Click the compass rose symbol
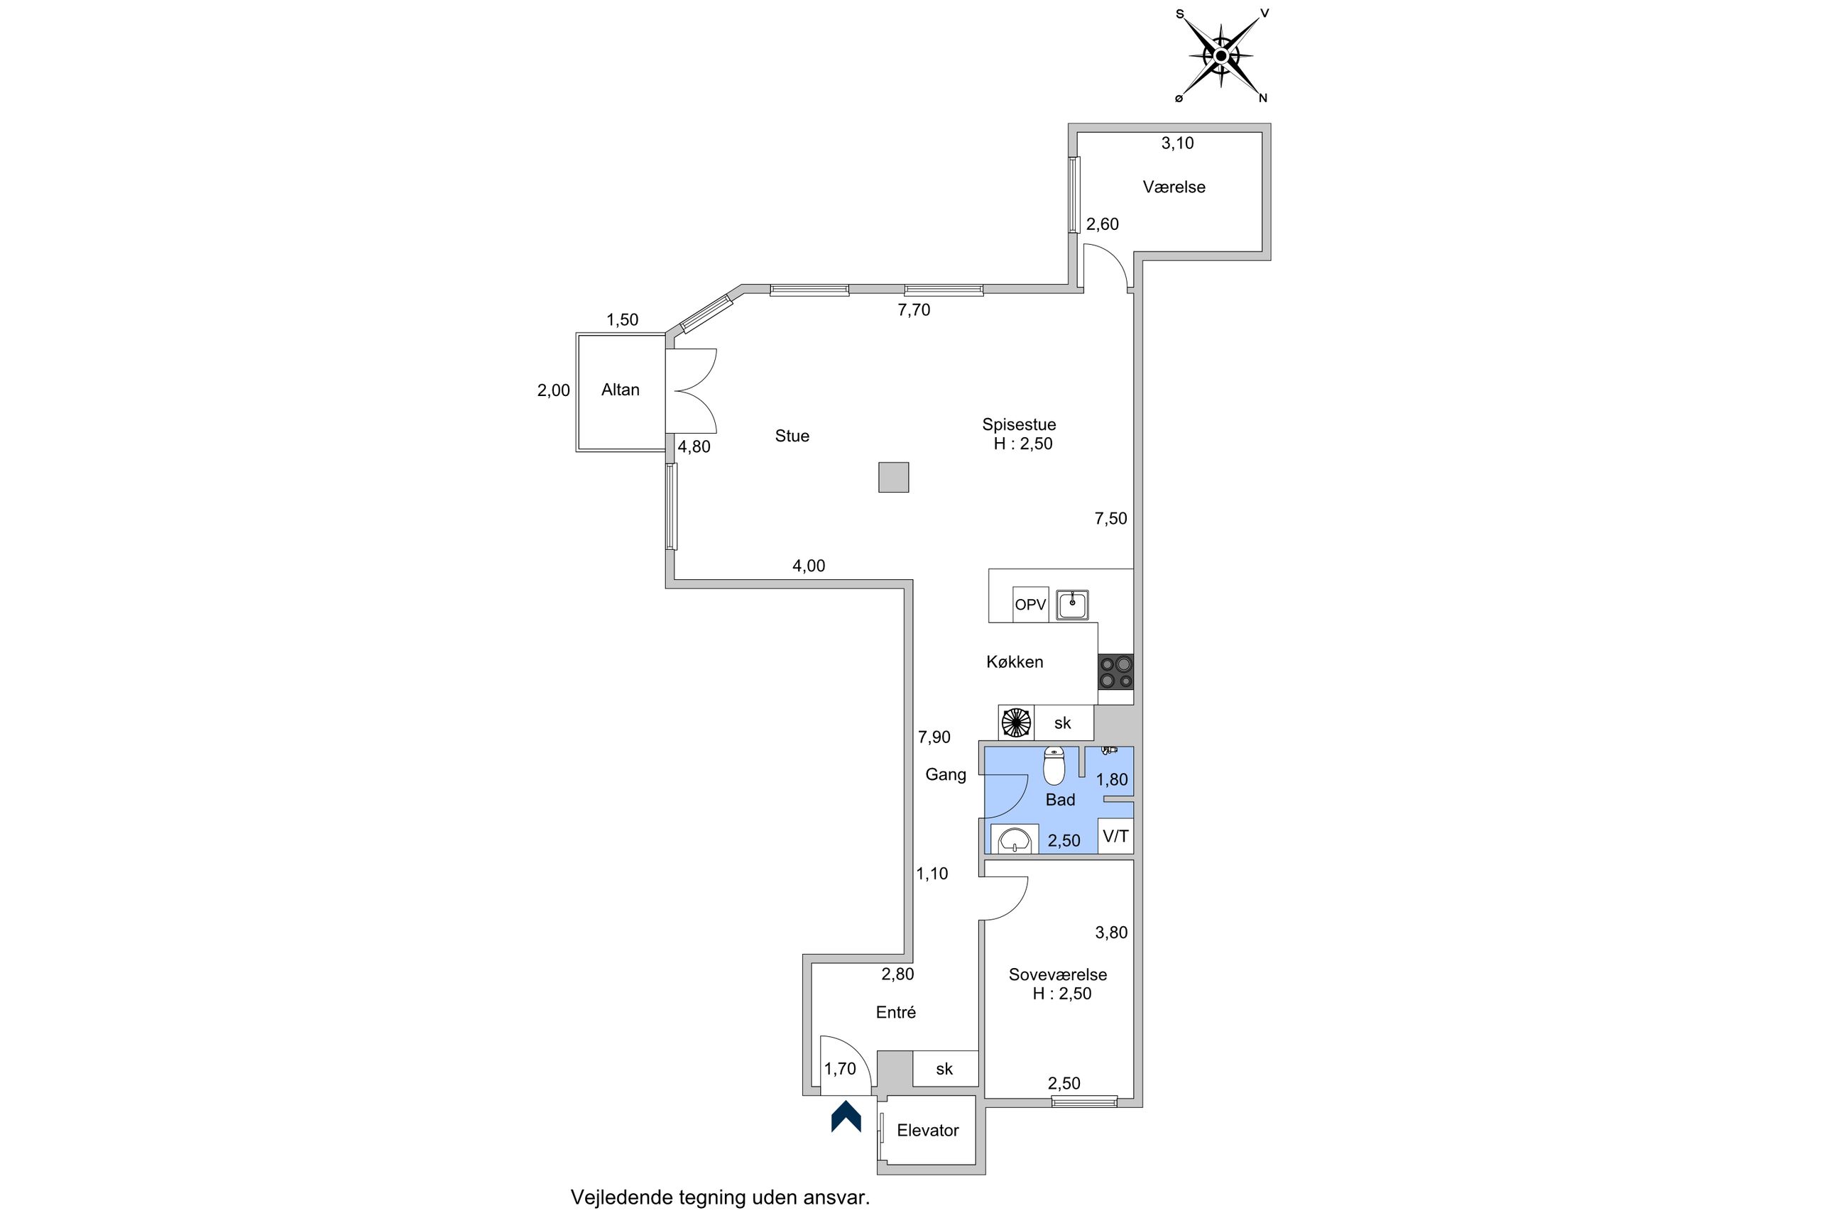coord(1220,55)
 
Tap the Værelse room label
coord(1174,187)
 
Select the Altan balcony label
coord(620,390)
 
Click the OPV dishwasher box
coord(1030,605)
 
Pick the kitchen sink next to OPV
coord(1071,605)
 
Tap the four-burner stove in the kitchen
coord(1115,672)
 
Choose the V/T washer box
coord(1115,836)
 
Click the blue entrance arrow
coord(846,1116)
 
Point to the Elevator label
coord(927,1131)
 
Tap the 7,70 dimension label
coord(914,310)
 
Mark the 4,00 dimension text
coord(808,566)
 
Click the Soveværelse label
coord(1058,974)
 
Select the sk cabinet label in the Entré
coord(944,1068)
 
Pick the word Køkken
coord(1015,662)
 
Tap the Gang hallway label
coord(945,775)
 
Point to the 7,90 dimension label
coord(934,737)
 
